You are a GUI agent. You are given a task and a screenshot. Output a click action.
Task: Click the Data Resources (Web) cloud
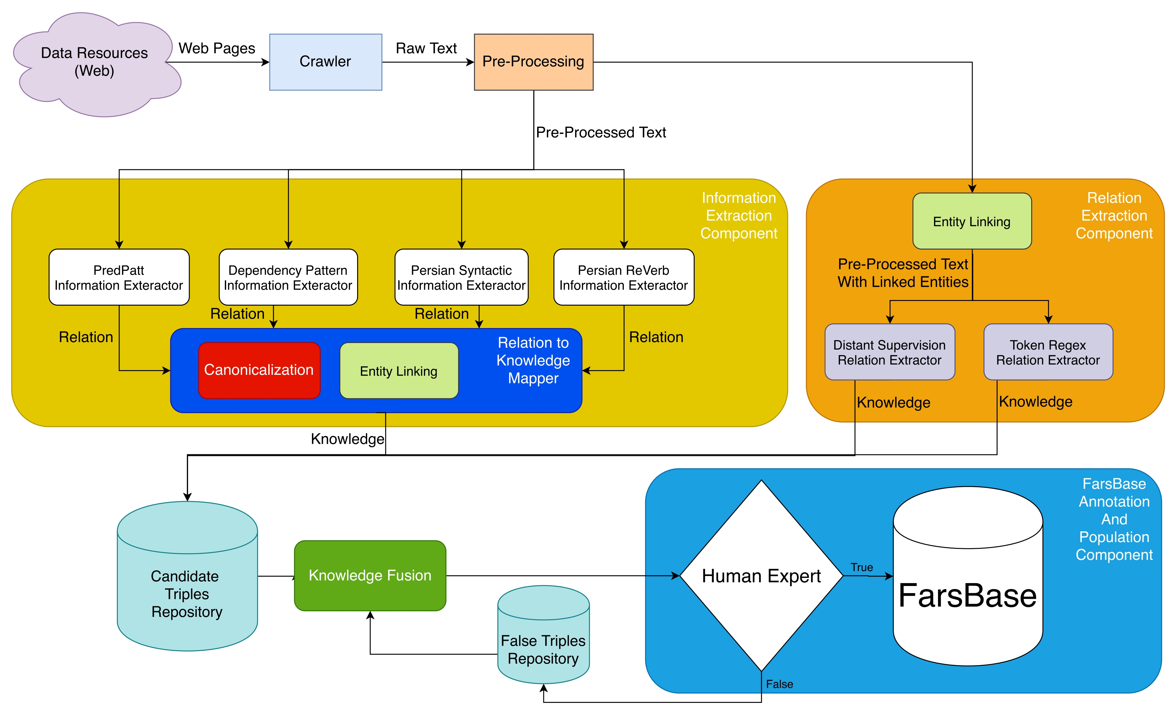point(97,64)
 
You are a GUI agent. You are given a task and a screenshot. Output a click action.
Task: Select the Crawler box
point(326,62)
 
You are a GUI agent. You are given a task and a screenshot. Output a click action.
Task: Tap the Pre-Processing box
point(534,62)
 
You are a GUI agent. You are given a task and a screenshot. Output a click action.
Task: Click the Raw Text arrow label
point(426,48)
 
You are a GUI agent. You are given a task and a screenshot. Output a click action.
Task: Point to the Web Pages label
point(217,48)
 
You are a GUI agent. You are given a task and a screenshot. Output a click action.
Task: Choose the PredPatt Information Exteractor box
point(119,277)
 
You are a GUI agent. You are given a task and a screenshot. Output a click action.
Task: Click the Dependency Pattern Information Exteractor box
point(288,277)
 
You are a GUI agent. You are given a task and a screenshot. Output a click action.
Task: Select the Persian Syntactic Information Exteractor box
point(461,277)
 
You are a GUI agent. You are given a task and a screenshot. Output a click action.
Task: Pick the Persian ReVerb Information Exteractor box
point(624,277)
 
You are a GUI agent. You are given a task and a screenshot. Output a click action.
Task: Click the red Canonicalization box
point(259,370)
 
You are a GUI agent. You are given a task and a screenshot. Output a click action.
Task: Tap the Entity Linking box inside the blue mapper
point(399,370)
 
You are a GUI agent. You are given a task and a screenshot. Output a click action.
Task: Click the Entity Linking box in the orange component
point(972,221)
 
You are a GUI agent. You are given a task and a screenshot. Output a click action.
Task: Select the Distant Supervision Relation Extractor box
point(890,352)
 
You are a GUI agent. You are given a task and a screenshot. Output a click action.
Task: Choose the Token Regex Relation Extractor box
point(1048,352)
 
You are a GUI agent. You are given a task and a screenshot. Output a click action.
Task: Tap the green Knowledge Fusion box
point(370,576)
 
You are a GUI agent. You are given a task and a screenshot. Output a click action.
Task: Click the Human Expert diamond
point(761,576)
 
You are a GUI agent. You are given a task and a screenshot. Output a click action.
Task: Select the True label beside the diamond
point(862,567)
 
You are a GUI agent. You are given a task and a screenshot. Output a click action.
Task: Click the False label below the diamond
point(780,684)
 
